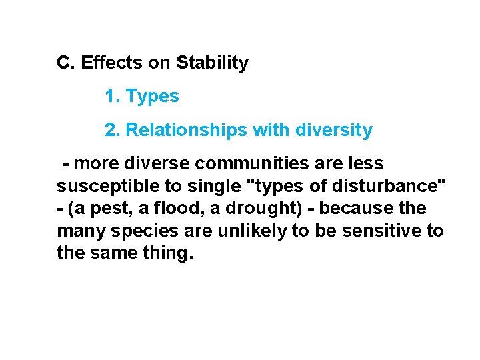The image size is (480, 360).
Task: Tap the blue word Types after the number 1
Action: pyautogui.click(x=153, y=97)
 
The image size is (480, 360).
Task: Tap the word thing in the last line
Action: pyautogui.click(x=165, y=254)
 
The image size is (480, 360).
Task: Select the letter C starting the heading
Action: pyautogui.click(x=64, y=63)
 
